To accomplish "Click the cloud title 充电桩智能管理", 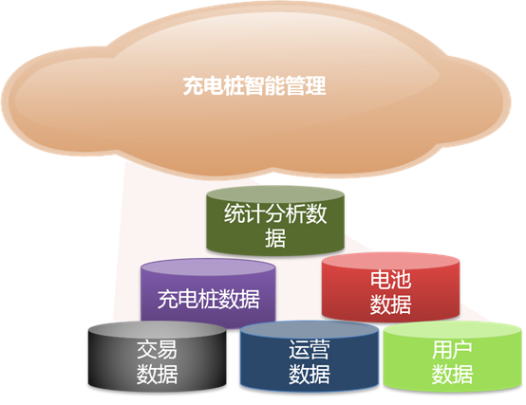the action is (x=254, y=85).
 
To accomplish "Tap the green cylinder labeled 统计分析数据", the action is (x=275, y=220).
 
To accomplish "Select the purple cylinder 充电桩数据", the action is (x=208, y=293).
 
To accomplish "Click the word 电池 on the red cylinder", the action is (x=390, y=280).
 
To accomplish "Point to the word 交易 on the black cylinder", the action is (x=157, y=349).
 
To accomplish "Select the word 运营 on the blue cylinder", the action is (x=310, y=349).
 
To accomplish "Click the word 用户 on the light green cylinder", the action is (x=452, y=349).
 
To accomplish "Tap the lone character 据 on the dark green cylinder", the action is (x=275, y=238).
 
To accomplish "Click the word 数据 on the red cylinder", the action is (x=390, y=304).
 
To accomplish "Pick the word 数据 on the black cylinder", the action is (x=157, y=375).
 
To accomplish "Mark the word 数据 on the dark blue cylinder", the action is (x=310, y=375).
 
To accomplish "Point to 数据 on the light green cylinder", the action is (x=452, y=375).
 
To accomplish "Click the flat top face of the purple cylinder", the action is (x=208, y=267).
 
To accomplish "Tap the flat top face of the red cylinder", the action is (x=390, y=261).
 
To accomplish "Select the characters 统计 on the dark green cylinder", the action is (x=245, y=213).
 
